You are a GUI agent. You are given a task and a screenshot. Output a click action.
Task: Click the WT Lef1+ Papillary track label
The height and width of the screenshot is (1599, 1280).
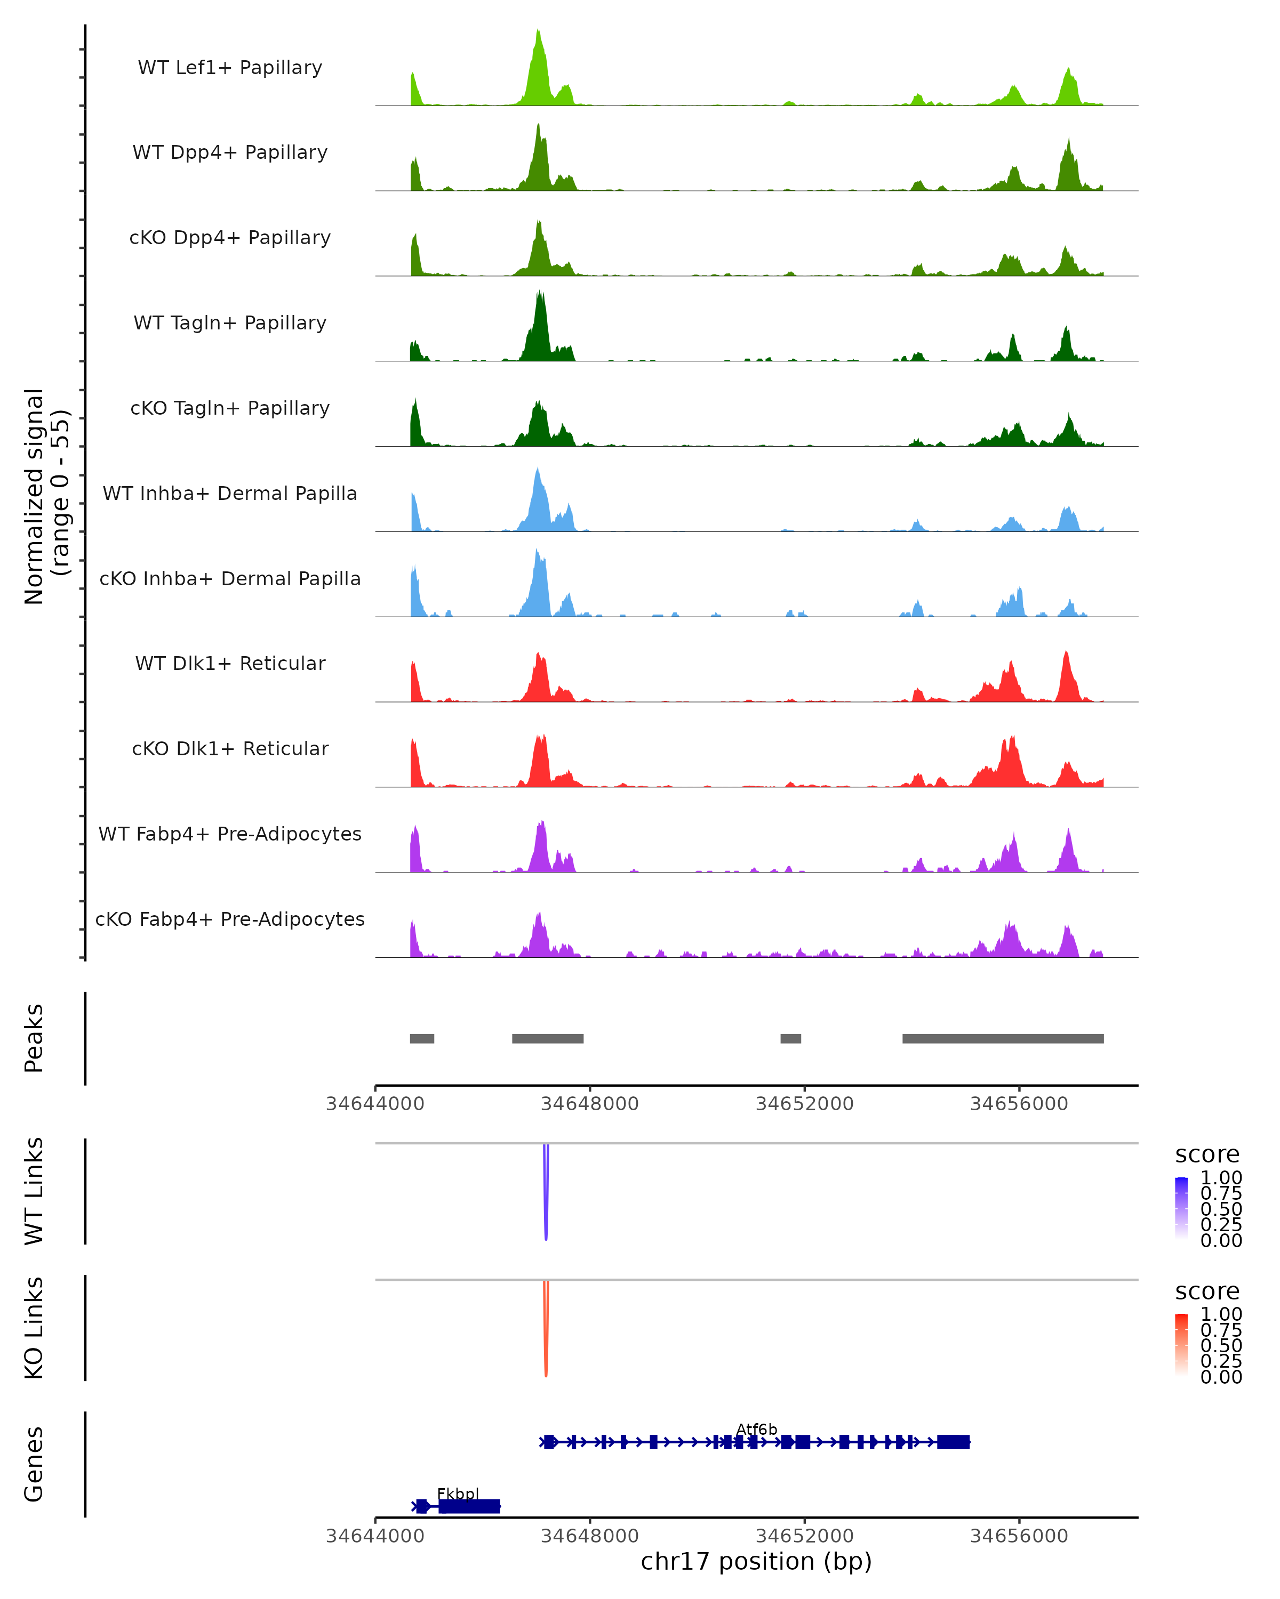pyautogui.click(x=230, y=68)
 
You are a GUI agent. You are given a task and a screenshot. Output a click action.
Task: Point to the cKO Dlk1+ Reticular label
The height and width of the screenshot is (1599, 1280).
pyautogui.click(x=230, y=748)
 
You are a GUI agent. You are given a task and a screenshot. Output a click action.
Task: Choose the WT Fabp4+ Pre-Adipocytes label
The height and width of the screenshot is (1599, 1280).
pyautogui.click(x=230, y=834)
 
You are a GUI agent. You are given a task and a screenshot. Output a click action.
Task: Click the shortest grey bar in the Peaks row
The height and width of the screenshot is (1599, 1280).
pyautogui.click(x=790, y=1038)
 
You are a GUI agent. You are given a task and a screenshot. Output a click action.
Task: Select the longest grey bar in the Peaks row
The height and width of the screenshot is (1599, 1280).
pyautogui.click(x=1003, y=1038)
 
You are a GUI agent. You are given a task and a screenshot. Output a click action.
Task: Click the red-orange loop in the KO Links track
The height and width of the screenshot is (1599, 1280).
pyautogui.click(x=546, y=1332)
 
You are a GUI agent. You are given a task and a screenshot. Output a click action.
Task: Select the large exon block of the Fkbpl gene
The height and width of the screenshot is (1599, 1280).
pyautogui.click(x=469, y=1506)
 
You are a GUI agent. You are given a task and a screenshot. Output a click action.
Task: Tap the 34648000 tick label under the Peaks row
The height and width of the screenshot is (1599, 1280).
pyautogui.click(x=590, y=1104)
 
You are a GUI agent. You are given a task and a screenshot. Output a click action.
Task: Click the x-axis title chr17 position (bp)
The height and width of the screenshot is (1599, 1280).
pyautogui.click(x=756, y=1561)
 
